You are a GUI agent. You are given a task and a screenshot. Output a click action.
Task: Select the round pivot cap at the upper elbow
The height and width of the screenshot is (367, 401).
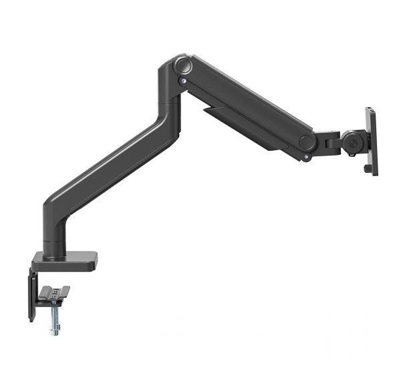click(182, 66)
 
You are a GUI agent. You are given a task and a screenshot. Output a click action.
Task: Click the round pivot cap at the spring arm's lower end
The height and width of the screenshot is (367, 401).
click(307, 141)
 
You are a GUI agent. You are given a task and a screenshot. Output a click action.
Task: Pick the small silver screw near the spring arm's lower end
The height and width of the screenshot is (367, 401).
click(306, 157)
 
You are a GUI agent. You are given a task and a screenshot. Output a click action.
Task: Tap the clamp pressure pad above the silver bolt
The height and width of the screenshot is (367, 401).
click(54, 292)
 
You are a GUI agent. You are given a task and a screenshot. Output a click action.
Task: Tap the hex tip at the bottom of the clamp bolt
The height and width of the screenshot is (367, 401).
click(53, 332)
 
